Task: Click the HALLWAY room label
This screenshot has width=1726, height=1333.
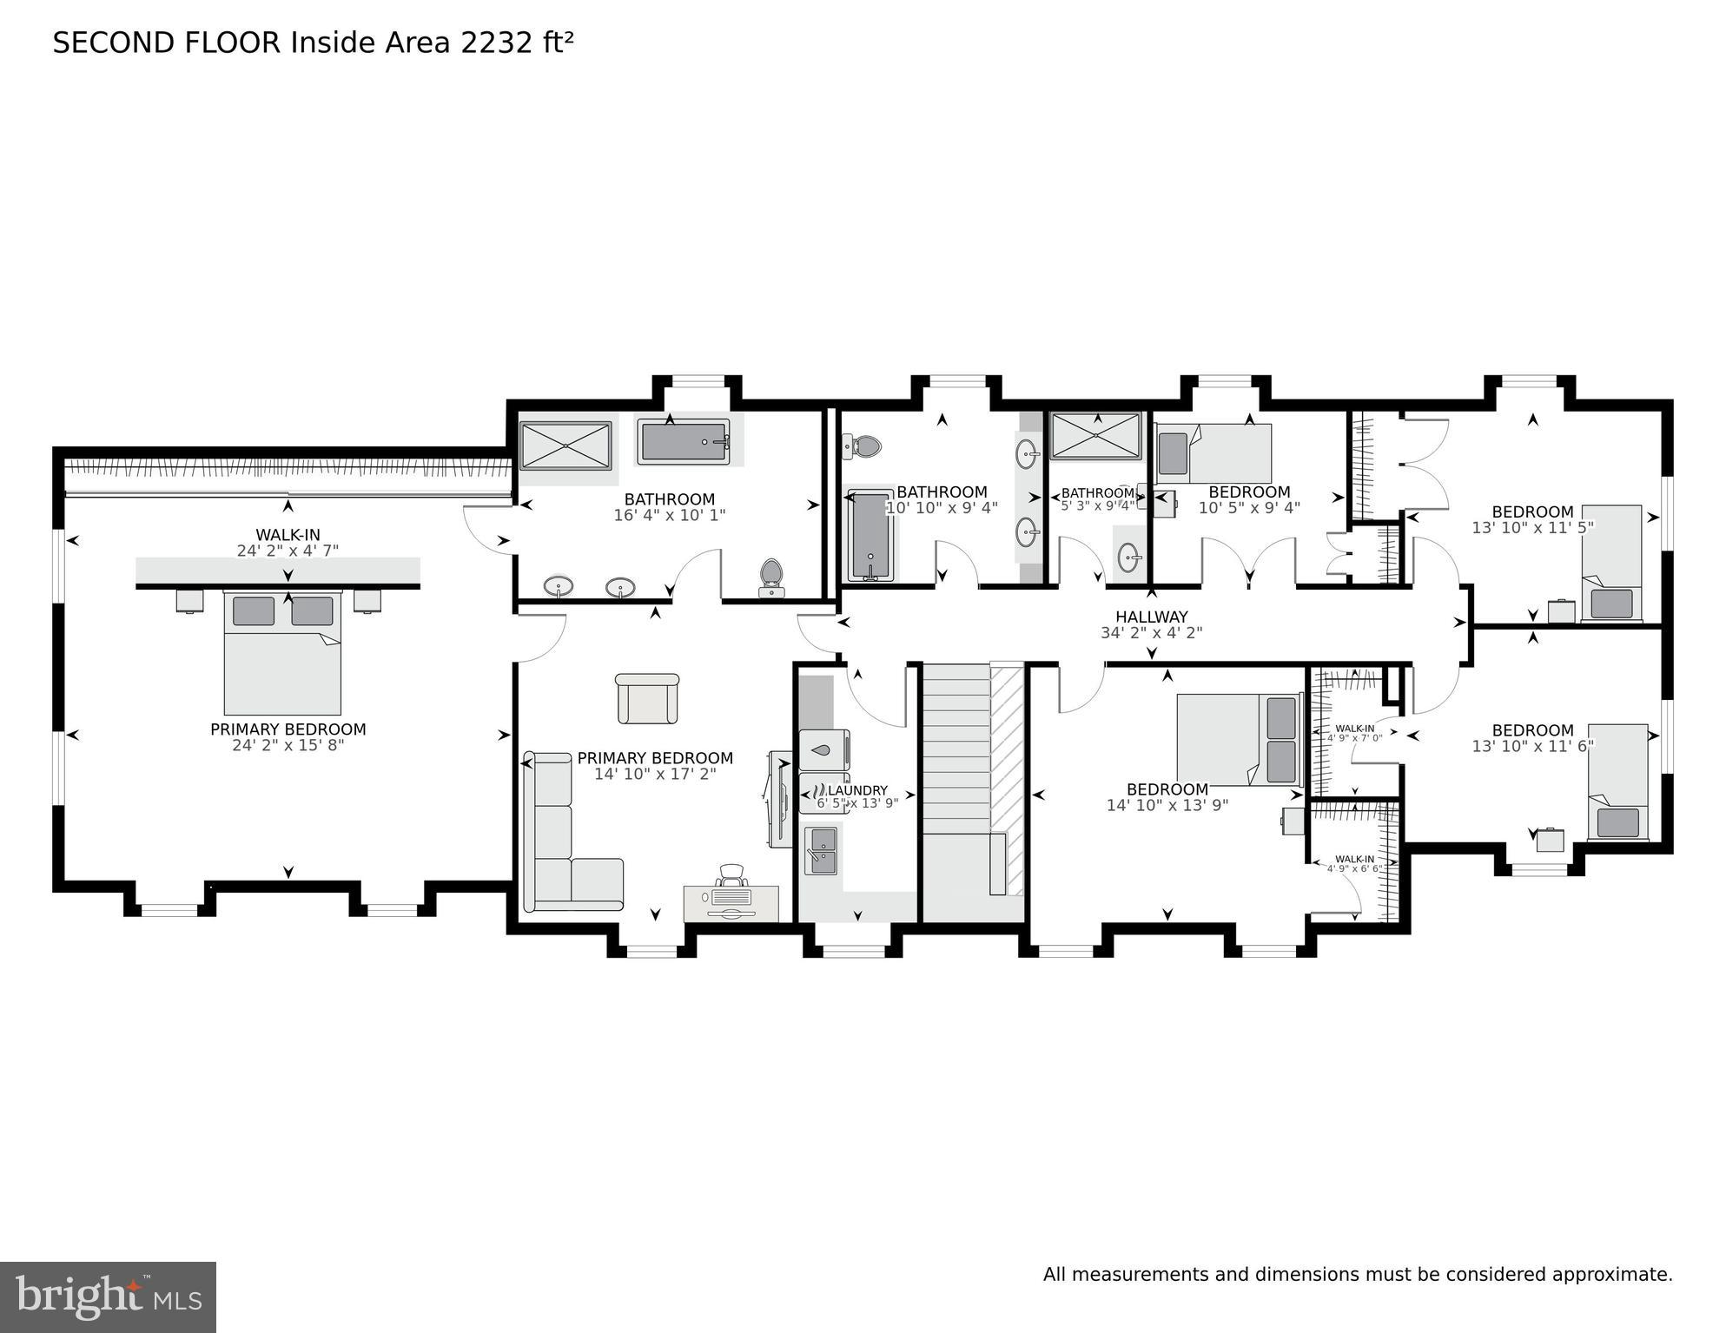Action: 1151,617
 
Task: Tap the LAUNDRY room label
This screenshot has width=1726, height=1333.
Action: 857,789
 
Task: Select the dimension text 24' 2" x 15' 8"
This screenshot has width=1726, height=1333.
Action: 288,745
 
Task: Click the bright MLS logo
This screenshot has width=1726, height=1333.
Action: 108,1297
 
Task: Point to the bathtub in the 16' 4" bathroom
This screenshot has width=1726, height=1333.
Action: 684,442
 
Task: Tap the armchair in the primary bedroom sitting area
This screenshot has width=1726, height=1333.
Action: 647,698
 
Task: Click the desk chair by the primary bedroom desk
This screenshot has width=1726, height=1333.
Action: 732,875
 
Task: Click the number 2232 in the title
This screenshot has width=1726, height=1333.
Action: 497,43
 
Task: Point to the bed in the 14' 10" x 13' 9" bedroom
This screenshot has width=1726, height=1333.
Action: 1238,739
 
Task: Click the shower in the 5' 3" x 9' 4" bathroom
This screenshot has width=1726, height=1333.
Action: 1095,435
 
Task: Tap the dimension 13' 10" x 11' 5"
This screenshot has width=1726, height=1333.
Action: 1532,527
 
